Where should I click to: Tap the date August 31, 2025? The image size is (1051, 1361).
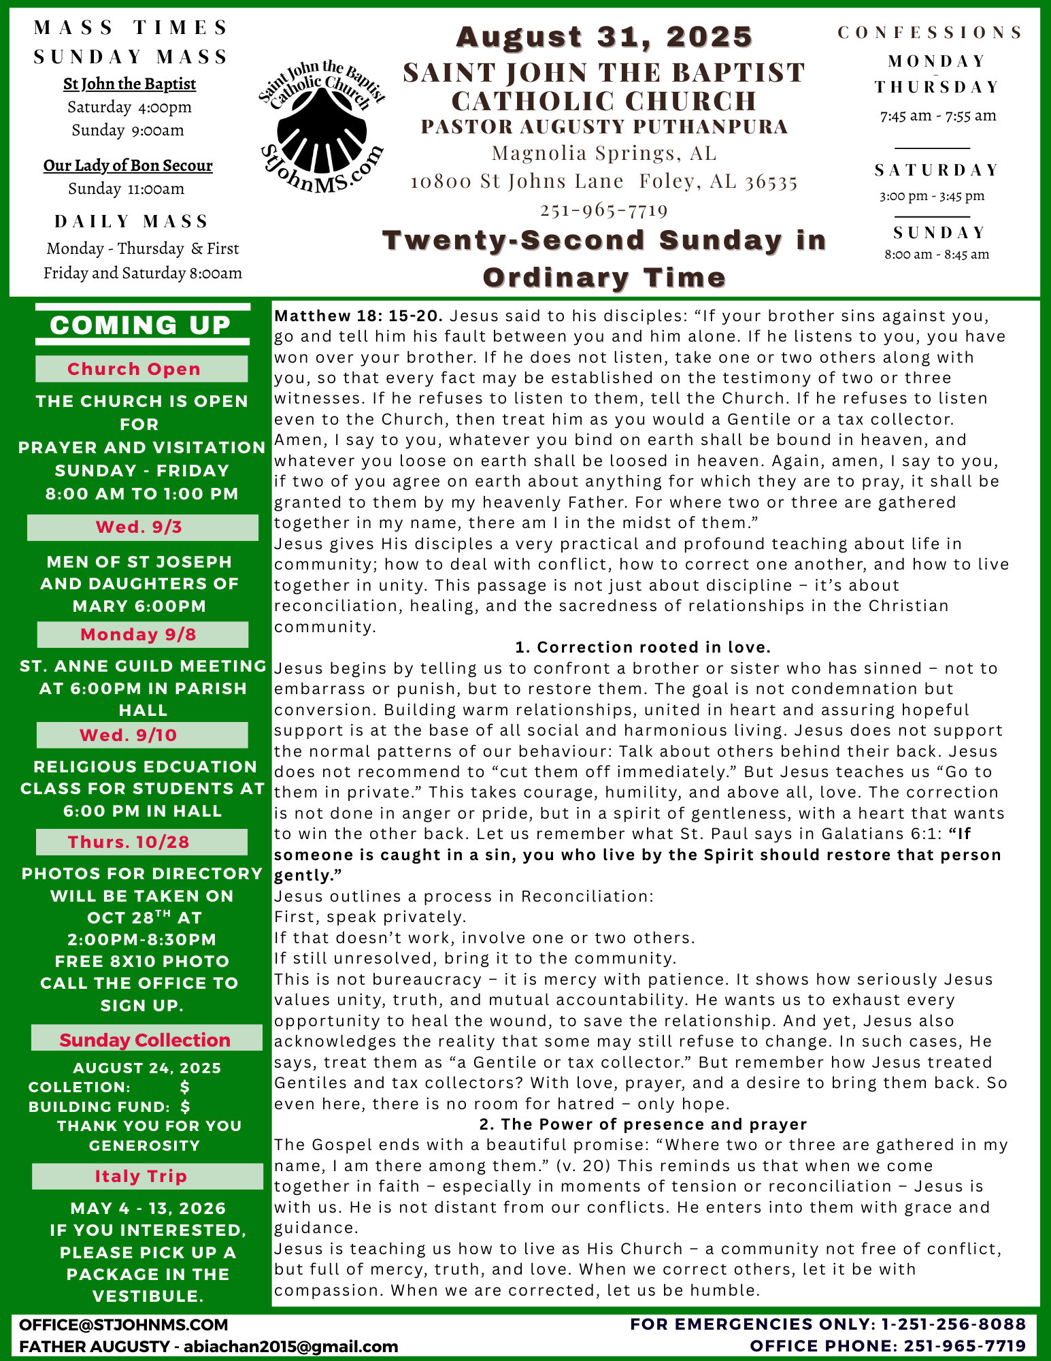pyautogui.click(x=604, y=37)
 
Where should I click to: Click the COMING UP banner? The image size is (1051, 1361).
pyautogui.click(x=141, y=325)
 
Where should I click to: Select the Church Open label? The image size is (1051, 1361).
pyautogui.click(x=134, y=369)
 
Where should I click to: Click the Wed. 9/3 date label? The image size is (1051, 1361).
pyautogui.click(x=139, y=527)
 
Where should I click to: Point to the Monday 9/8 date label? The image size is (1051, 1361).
pyautogui.click(x=139, y=634)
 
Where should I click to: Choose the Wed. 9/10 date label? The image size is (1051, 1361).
pyautogui.click(x=129, y=735)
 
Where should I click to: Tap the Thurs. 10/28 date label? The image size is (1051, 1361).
pyautogui.click(x=129, y=842)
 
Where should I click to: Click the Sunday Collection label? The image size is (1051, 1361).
pyautogui.click(x=145, y=1040)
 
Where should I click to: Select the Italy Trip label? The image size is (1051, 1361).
pyautogui.click(x=141, y=1176)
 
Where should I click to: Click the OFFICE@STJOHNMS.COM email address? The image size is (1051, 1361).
pyautogui.click(x=124, y=1324)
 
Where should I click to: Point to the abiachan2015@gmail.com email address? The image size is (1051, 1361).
pyautogui.click(x=290, y=1346)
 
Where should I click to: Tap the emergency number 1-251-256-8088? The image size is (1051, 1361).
pyautogui.click(x=953, y=1324)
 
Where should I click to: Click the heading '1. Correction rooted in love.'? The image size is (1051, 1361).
pyautogui.click(x=643, y=647)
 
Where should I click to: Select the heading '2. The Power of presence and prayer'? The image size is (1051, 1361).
pyautogui.click(x=643, y=1124)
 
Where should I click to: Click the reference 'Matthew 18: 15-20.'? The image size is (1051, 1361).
pyautogui.click(x=359, y=316)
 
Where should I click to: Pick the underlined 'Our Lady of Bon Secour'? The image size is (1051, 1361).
pyautogui.click(x=128, y=165)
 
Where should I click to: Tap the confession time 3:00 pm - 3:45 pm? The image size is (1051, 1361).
pyautogui.click(x=932, y=196)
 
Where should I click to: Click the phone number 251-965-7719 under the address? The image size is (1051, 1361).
pyautogui.click(x=604, y=210)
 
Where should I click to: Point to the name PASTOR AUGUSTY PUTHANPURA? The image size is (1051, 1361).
pyautogui.click(x=604, y=127)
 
